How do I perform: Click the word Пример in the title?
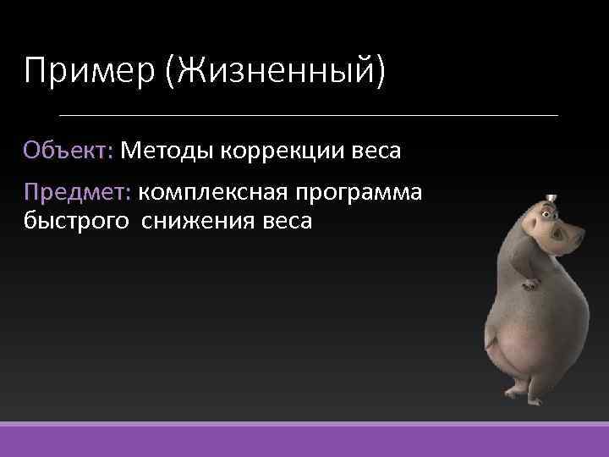click(89, 70)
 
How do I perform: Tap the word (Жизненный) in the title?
click(276, 70)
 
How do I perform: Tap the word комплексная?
click(212, 193)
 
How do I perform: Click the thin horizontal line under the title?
click(309, 114)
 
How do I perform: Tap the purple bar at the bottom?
click(304, 440)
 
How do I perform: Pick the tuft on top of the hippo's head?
click(551, 198)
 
